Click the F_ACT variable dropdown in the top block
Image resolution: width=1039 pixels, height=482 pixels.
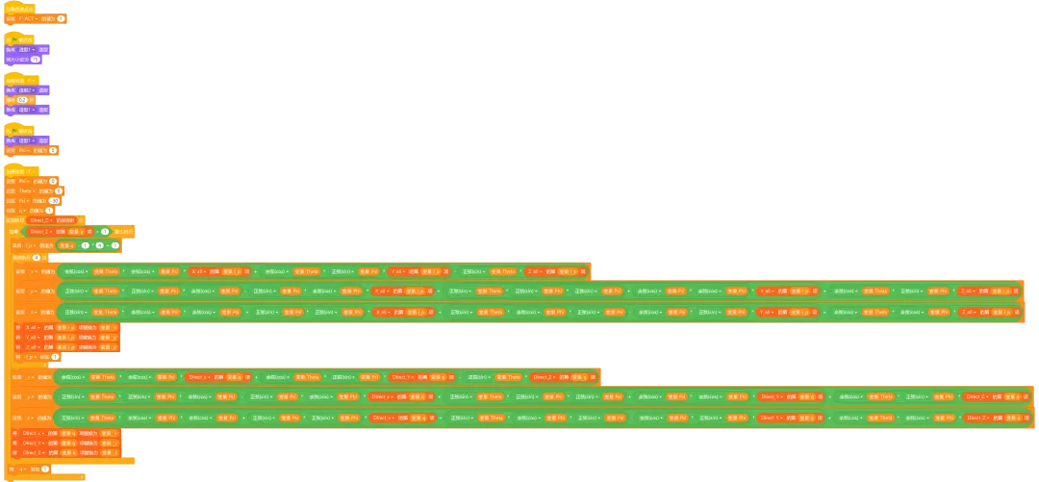(24, 18)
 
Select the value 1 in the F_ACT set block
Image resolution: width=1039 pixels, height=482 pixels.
(61, 18)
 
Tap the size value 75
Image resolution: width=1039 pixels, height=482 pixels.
(36, 59)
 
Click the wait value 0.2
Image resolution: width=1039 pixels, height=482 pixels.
(21, 99)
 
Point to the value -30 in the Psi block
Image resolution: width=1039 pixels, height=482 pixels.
(54, 200)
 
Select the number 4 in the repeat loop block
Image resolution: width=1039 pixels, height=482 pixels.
(36, 257)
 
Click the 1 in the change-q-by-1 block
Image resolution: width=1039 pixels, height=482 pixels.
(44, 469)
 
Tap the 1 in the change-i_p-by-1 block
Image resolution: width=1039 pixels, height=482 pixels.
(54, 356)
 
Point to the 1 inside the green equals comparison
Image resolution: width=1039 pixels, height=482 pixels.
(105, 231)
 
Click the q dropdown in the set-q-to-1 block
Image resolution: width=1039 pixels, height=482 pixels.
(23, 210)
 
